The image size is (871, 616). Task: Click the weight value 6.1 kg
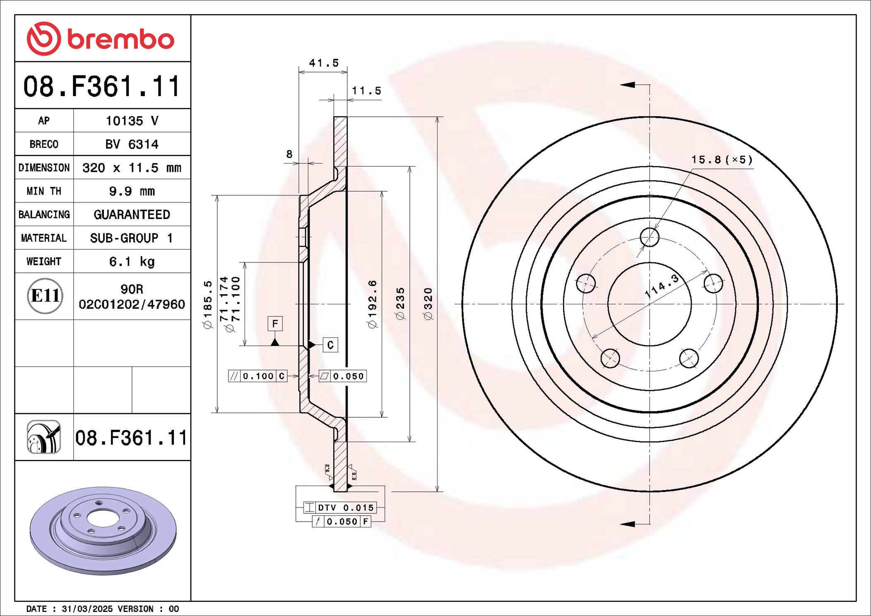click(132, 262)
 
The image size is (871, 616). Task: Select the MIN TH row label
click(44, 191)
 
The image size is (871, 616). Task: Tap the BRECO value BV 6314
click(132, 144)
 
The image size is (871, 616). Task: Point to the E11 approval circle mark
click(45, 296)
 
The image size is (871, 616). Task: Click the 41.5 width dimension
click(324, 63)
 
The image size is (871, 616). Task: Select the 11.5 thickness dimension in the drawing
click(366, 91)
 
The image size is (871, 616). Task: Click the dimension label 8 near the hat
click(289, 154)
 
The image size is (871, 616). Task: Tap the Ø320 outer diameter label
click(428, 304)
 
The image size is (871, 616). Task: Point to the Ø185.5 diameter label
click(208, 304)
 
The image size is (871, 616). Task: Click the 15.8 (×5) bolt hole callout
click(722, 160)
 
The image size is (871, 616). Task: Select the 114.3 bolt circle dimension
click(662, 286)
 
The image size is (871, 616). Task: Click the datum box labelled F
click(275, 323)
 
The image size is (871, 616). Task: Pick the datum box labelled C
click(330, 345)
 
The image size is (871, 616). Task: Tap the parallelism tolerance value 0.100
click(258, 376)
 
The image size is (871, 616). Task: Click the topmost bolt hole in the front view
click(649, 237)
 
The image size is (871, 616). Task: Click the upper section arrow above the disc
click(628, 85)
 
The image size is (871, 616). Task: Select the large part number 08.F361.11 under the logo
click(102, 87)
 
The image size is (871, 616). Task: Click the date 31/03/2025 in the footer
click(87, 609)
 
